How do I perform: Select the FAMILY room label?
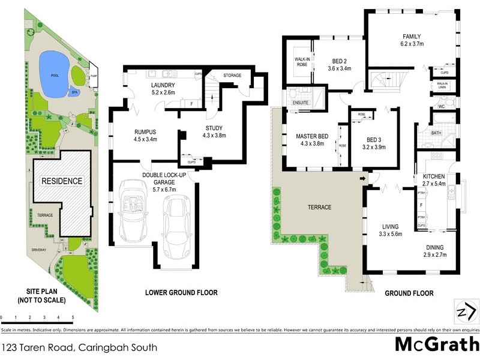pos(412,35)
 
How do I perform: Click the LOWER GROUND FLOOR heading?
pos(181,293)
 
